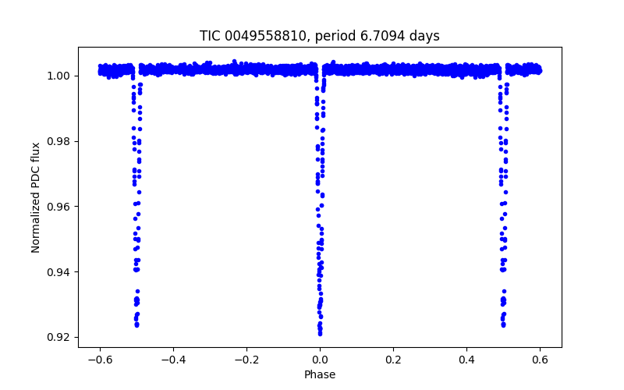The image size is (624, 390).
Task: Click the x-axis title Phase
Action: [x=320, y=375]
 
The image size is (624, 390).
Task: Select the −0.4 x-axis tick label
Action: [x=173, y=360]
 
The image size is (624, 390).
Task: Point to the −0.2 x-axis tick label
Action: [x=246, y=360]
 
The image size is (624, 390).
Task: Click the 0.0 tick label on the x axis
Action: [x=320, y=360]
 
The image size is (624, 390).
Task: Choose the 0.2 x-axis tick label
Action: [x=393, y=360]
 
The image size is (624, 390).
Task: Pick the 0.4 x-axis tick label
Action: [x=466, y=360]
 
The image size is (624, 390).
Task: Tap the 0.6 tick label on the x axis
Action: [x=540, y=360]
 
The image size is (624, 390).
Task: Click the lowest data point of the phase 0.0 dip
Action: [x=320, y=333]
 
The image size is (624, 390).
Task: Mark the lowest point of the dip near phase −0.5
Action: [x=136, y=325]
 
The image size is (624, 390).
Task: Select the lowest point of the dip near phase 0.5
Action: [x=503, y=325]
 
